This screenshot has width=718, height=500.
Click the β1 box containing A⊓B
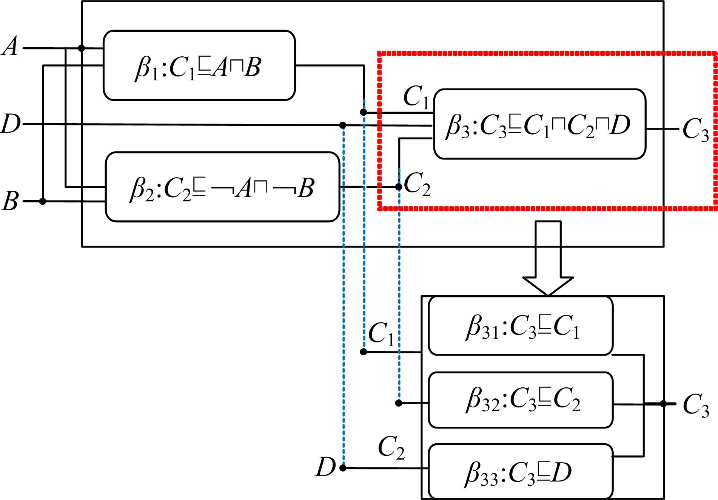[x=199, y=65]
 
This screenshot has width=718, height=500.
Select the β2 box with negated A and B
[x=222, y=187]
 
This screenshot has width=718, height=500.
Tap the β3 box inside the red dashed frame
[x=539, y=124]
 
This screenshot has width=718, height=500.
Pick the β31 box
[x=520, y=326]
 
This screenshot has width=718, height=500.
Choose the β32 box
[x=520, y=400]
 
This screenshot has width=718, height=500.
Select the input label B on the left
[x=10, y=201]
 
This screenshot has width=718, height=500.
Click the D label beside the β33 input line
[x=325, y=467]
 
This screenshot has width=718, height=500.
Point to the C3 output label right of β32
[x=695, y=405]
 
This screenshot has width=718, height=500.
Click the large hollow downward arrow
[x=548, y=257]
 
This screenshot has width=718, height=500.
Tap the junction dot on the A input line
[x=81, y=48]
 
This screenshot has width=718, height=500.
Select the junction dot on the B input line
[x=43, y=201]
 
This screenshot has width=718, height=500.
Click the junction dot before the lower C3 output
[x=663, y=404]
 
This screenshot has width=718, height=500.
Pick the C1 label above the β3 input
[x=416, y=98]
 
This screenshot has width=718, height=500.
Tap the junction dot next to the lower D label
[x=343, y=468]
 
